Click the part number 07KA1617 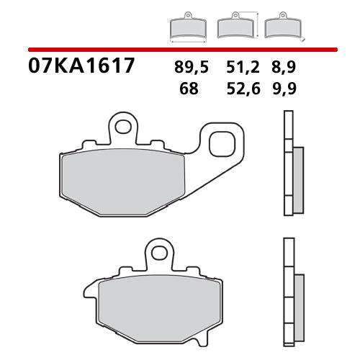(x=81, y=67)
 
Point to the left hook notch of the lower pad (x=90, y=292)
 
